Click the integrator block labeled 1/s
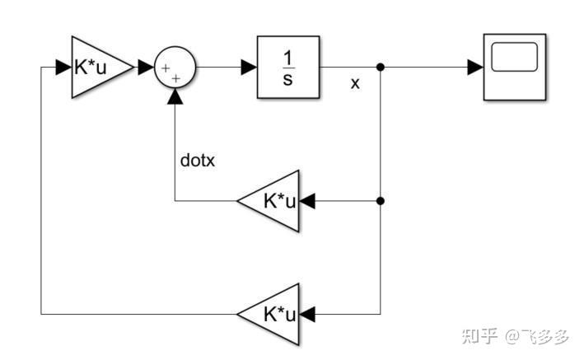click(x=287, y=68)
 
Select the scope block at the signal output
click(x=514, y=68)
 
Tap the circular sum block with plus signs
click(x=175, y=68)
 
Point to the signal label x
click(x=355, y=83)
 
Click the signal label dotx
click(x=197, y=161)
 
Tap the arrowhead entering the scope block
click(x=474, y=68)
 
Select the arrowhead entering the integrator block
click(x=248, y=68)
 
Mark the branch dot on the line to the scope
click(x=381, y=68)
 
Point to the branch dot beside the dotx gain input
click(x=381, y=200)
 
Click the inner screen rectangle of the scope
click(x=514, y=57)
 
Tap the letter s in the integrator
click(x=287, y=80)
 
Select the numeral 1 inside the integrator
click(x=287, y=57)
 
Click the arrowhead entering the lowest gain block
click(x=309, y=313)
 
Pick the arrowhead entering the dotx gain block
click(x=309, y=200)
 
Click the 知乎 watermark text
click(x=479, y=336)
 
